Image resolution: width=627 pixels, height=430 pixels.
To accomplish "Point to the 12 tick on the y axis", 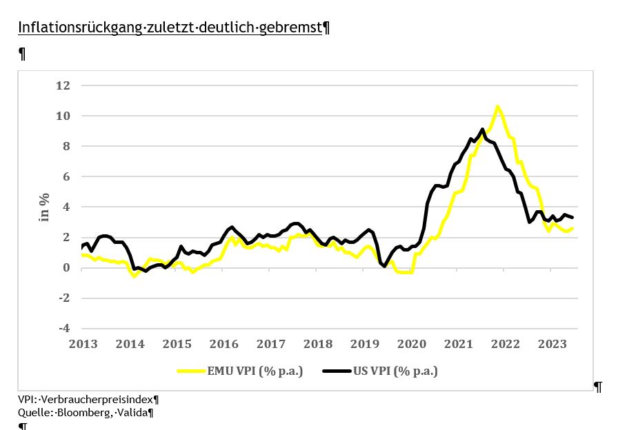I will coord(63,85).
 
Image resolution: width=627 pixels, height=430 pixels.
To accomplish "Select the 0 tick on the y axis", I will coord(68,267).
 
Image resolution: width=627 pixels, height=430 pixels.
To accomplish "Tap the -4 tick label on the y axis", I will coord(63,328).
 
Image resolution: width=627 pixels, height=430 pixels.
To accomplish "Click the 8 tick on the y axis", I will coord(68,146).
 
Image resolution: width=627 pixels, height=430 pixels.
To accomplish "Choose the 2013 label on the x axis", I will coord(83,344).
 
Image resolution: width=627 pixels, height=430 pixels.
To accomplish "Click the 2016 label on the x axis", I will coord(223,344).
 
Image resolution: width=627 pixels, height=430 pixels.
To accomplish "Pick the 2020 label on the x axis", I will coord(412,344).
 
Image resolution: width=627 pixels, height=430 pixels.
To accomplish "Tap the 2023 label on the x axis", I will coord(553,344).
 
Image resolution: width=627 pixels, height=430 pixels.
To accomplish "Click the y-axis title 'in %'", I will coord(43,207).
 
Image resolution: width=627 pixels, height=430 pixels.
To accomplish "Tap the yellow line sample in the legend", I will coord(191,371).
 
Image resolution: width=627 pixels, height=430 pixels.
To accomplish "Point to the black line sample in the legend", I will coord(337,371).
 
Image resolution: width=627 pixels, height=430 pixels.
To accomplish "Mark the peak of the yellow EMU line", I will coord(497,107).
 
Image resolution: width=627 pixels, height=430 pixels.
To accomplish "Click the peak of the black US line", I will coord(482,129).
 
